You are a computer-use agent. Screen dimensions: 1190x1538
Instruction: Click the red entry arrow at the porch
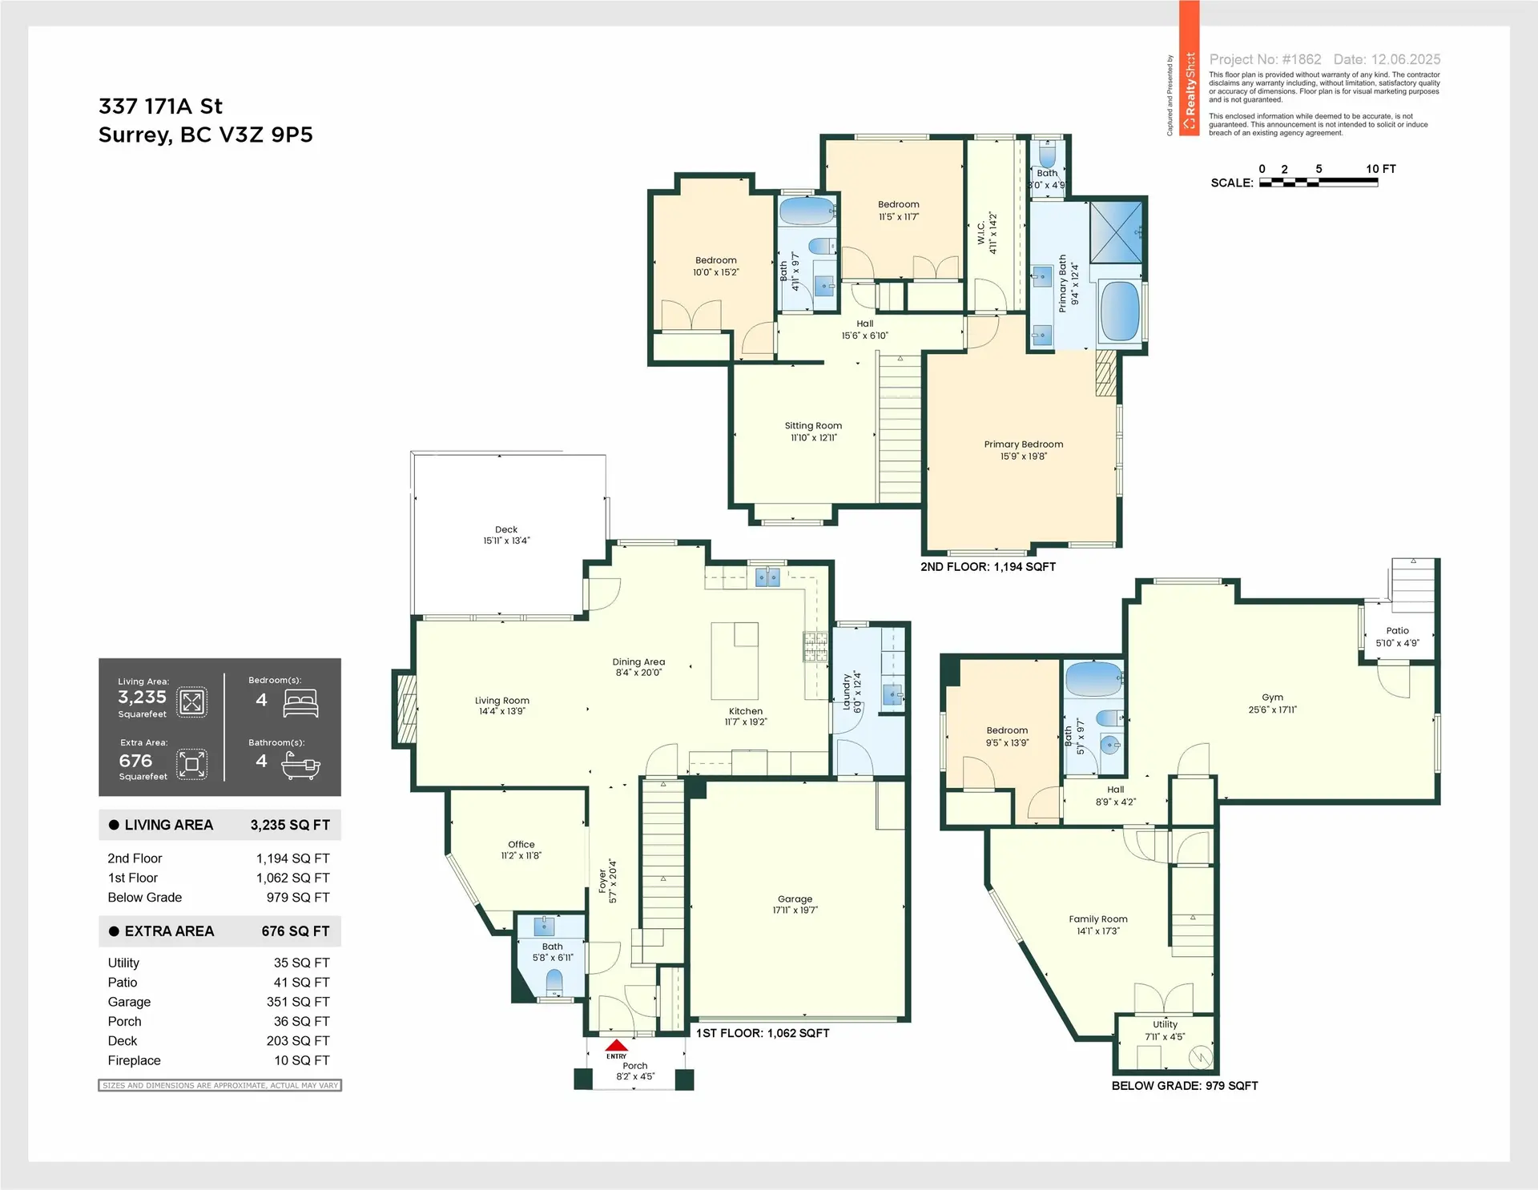pyautogui.click(x=616, y=1045)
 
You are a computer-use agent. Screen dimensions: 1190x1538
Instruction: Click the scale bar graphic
pyautogui.click(x=1318, y=183)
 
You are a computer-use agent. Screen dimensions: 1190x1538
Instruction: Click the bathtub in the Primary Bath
pyautogui.click(x=1120, y=311)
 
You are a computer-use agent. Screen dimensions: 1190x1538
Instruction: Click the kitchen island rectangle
pyautogui.click(x=735, y=661)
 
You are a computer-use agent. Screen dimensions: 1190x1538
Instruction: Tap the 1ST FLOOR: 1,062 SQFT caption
pyautogui.click(x=762, y=1033)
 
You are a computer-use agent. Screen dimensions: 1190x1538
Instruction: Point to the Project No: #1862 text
pyautogui.click(x=1265, y=59)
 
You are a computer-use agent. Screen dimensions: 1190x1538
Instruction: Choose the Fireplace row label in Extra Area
pyautogui.click(x=134, y=1060)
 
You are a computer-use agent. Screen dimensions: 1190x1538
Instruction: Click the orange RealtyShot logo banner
pyautogui.click(x=1190, y=68)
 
